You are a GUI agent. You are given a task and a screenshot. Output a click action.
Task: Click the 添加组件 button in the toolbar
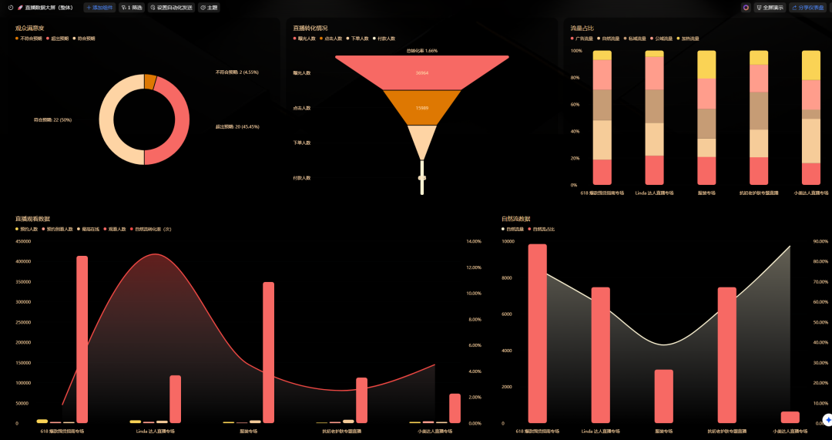(x=99, y=7)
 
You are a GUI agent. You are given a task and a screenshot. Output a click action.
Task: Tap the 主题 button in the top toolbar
(x=209, y=7)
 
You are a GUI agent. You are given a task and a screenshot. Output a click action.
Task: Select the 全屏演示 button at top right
(x=770, y=7)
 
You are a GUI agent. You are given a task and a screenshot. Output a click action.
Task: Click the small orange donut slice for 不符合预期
(x=149, y=81)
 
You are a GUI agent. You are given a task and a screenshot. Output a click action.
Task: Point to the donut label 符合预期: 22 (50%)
(x=53, y=119)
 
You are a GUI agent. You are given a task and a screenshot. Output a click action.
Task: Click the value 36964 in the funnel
(x=421, y=72)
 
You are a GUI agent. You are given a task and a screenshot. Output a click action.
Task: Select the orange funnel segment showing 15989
(x=421, y=108)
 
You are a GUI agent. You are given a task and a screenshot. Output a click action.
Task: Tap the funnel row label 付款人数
(x=302, y=178)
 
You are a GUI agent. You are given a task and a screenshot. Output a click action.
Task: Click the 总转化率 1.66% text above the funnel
(x=421, y=51)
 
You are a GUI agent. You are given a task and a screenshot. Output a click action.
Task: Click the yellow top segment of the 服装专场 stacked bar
(x=706, y=64)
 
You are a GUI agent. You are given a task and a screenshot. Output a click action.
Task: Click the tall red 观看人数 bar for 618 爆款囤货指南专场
(x=82, y=339)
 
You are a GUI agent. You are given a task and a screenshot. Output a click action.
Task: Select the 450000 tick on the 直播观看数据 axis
(x=23, y=241)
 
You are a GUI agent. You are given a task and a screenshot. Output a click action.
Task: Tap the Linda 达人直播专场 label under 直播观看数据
(x=160, y=432)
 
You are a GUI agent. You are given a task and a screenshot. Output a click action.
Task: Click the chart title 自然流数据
(x=515, y=219)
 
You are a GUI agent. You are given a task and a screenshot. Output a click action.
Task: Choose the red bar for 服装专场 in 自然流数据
(x=664, y=396)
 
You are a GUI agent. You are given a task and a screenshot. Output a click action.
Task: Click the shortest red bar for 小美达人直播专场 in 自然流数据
(x=790, y=417)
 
